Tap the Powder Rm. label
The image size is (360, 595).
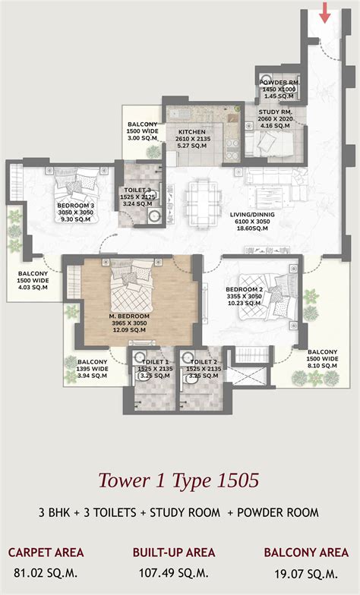click(277, 89)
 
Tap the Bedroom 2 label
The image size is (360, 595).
click(244, 295)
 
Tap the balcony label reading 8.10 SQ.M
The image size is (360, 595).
click(322, 363)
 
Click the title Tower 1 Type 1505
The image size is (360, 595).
click(179, 480)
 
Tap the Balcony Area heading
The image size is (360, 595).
click(306, 552)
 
